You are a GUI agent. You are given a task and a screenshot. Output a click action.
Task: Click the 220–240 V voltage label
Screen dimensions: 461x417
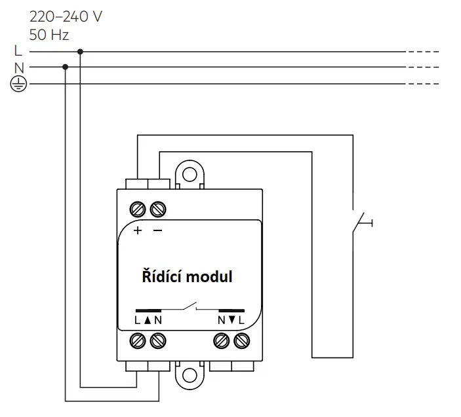66,17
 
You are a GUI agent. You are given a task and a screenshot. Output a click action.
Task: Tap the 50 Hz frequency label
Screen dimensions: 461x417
49,35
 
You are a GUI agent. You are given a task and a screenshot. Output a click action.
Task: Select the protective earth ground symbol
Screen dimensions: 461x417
18,84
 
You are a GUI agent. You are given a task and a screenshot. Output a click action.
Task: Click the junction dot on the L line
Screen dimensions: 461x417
80,52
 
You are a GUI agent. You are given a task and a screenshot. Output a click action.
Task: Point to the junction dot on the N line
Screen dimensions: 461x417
66,67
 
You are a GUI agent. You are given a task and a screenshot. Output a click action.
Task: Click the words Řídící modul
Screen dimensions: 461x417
188,276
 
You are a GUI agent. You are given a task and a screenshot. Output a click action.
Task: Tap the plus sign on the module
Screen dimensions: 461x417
137,230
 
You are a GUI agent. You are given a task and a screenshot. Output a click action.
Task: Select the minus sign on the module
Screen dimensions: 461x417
158,230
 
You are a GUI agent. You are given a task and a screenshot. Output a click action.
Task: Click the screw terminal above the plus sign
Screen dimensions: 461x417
138,209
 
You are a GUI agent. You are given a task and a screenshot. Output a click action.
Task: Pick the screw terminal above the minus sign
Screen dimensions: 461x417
158,209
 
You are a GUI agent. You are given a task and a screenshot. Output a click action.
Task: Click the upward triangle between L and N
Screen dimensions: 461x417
148,320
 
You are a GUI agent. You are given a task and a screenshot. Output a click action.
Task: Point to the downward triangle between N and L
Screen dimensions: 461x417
231,320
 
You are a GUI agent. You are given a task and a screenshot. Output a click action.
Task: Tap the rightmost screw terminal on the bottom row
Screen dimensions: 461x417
242,341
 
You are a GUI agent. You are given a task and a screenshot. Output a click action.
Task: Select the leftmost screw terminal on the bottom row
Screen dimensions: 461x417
138,341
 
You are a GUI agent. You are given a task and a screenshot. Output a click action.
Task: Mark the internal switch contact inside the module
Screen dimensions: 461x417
190,306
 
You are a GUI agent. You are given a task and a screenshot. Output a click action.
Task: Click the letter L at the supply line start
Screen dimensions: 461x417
18,50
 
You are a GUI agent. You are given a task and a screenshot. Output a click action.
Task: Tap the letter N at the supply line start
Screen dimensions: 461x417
19,68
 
